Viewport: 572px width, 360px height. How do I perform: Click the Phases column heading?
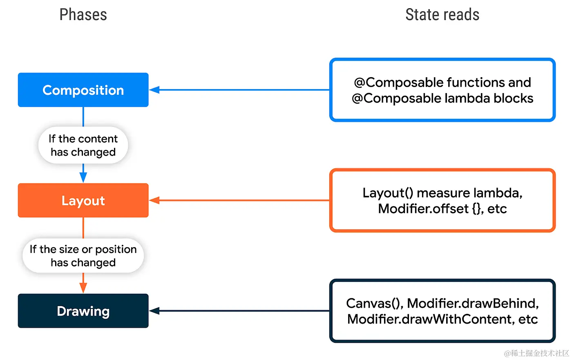point(83,15)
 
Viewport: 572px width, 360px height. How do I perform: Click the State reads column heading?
point(442,15)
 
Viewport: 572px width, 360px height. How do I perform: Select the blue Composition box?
point(83,90)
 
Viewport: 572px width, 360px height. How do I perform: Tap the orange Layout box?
point(83,200)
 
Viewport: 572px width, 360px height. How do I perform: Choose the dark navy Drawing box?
point(83,311)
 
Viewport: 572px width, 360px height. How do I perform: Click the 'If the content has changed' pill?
point(83,145)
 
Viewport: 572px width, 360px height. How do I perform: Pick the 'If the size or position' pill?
point(83,256)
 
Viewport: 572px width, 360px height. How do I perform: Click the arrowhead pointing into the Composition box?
point(154,90)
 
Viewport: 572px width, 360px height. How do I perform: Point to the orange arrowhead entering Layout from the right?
point(154,200)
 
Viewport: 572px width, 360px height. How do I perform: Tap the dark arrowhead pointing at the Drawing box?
point(154,311)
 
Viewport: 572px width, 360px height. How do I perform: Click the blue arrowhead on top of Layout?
point(83,178)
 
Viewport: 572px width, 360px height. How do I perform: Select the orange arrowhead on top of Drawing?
point(83,288)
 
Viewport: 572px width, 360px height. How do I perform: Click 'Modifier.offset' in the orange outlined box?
point(423,209)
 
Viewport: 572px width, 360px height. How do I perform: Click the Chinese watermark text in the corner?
point(536,353)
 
